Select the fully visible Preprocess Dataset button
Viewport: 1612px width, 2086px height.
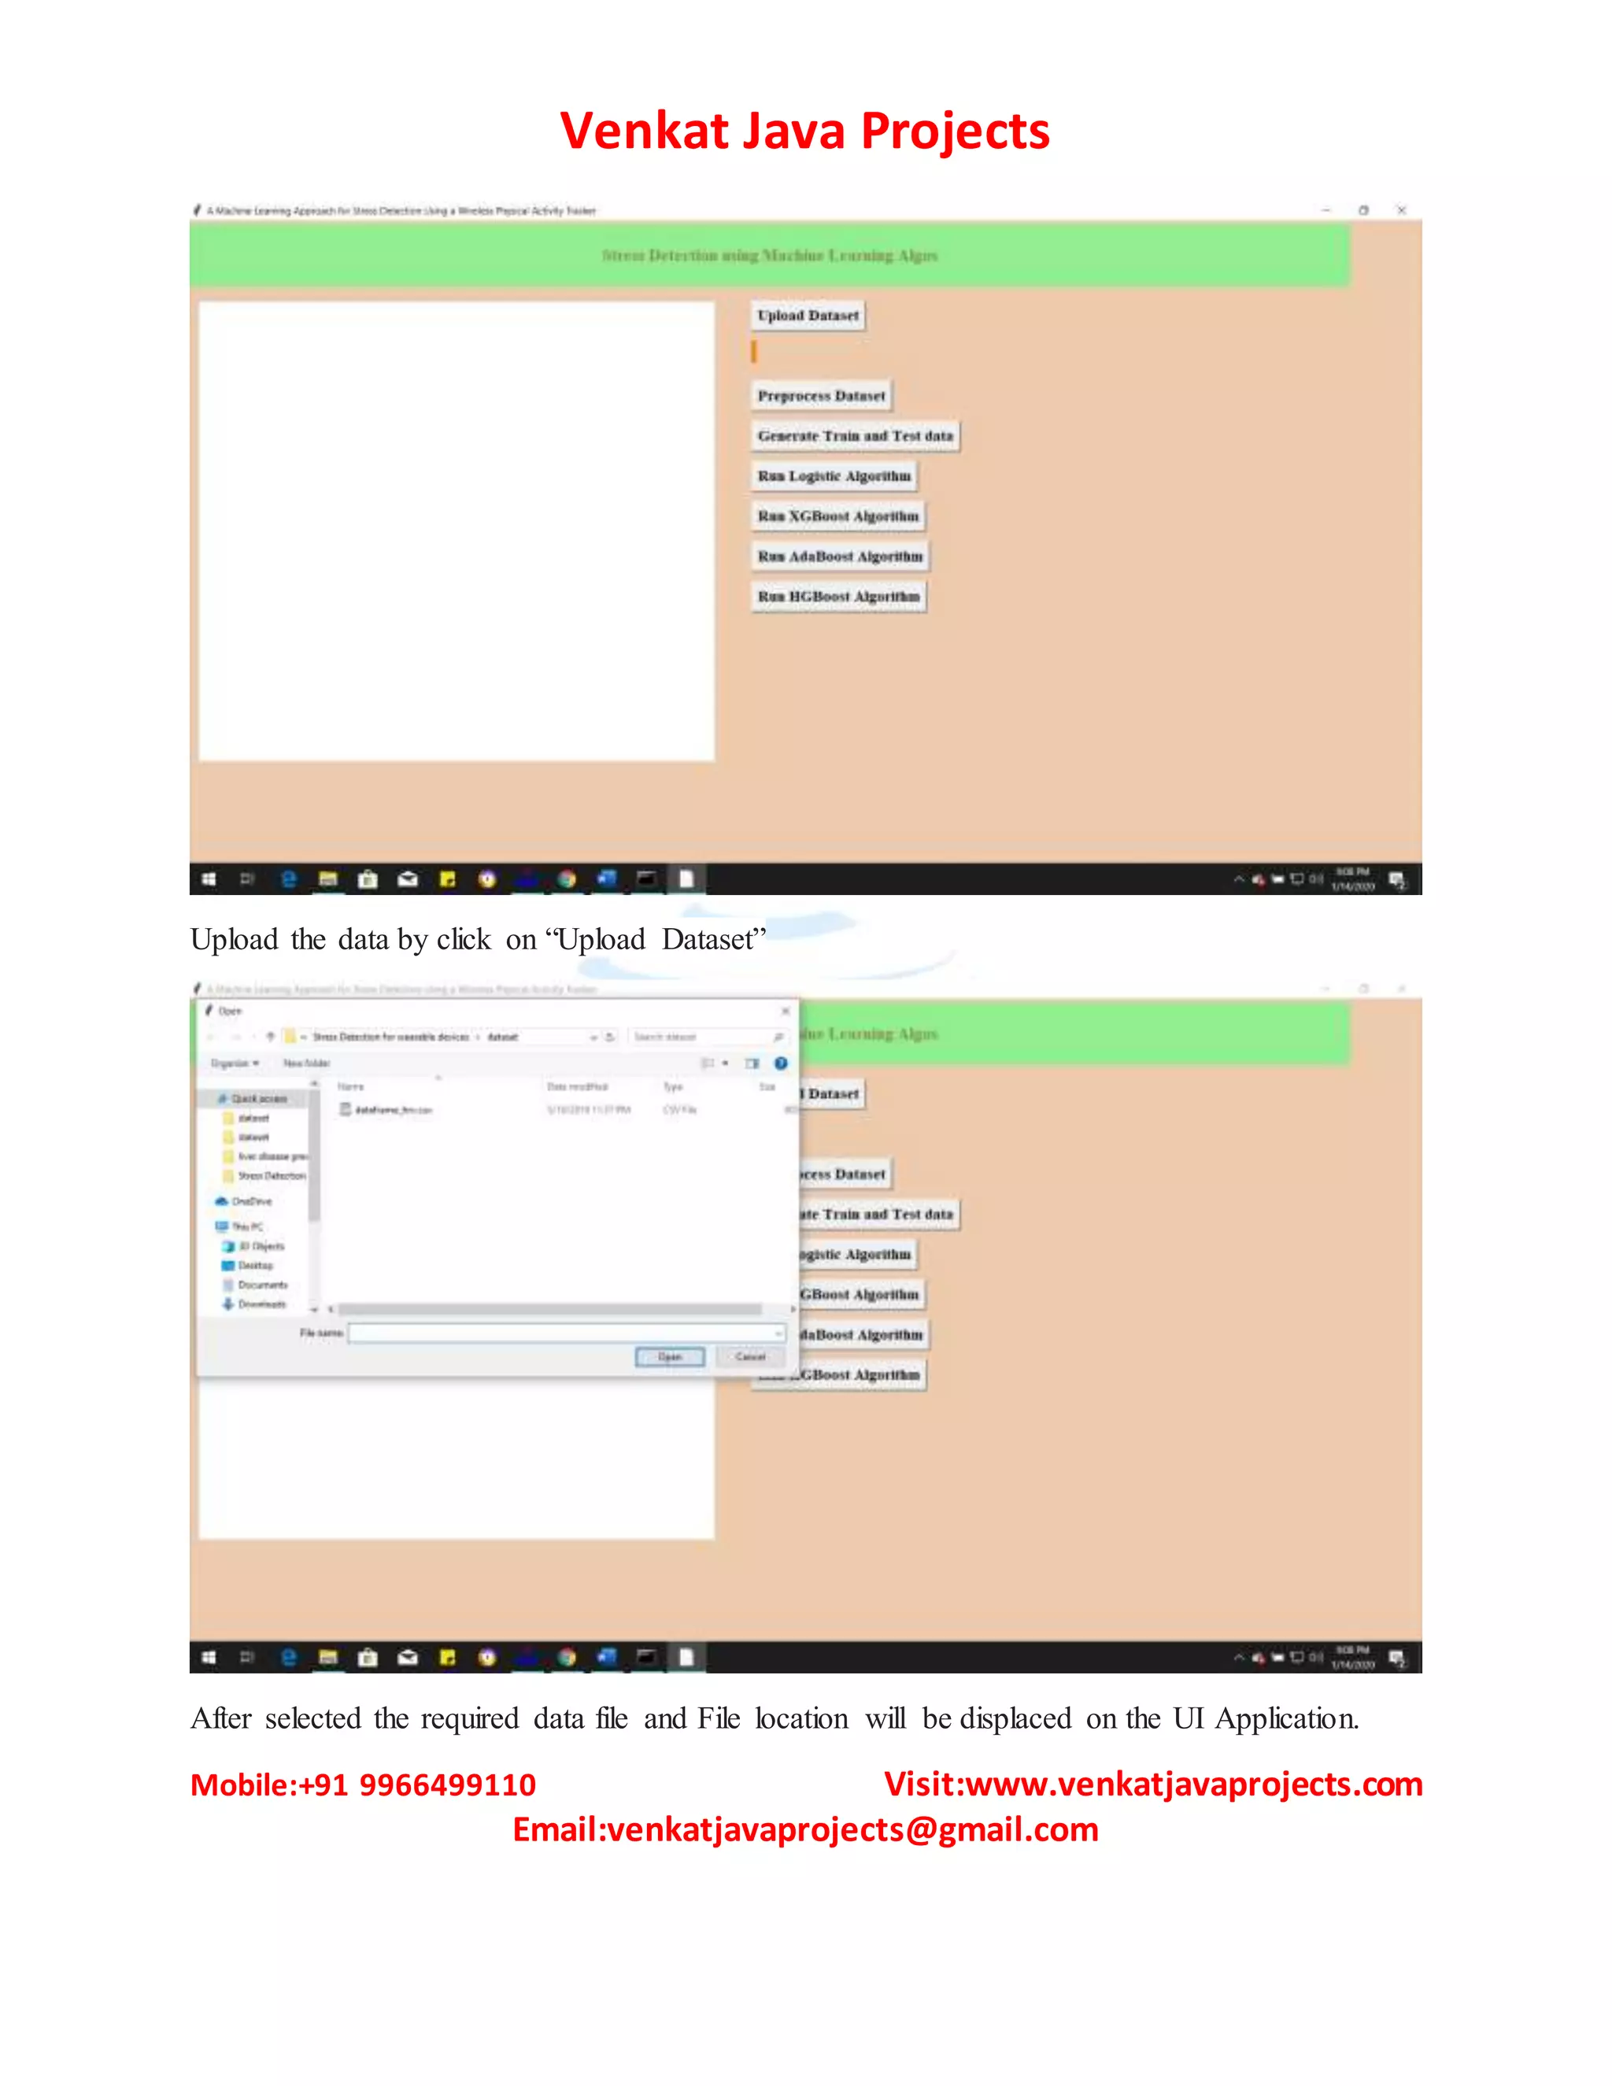[821, 395]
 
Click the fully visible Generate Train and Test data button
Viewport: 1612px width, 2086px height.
[855, 435]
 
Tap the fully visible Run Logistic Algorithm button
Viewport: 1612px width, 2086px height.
[834, 475]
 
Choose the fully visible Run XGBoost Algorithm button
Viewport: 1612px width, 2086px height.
[837, 516]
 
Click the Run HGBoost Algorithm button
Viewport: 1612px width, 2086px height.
[838, 596]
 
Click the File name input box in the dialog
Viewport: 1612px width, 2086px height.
[564, 1333]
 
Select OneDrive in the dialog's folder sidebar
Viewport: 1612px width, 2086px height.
[251, 1201]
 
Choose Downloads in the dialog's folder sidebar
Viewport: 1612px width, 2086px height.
[261, 1304]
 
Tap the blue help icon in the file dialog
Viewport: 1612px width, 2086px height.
[781, 1063]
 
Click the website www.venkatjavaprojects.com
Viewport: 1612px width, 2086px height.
[1194, 1785]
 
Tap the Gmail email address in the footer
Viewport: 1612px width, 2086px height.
[852, 1829]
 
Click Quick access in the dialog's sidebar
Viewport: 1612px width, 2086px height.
[258, 1098]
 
